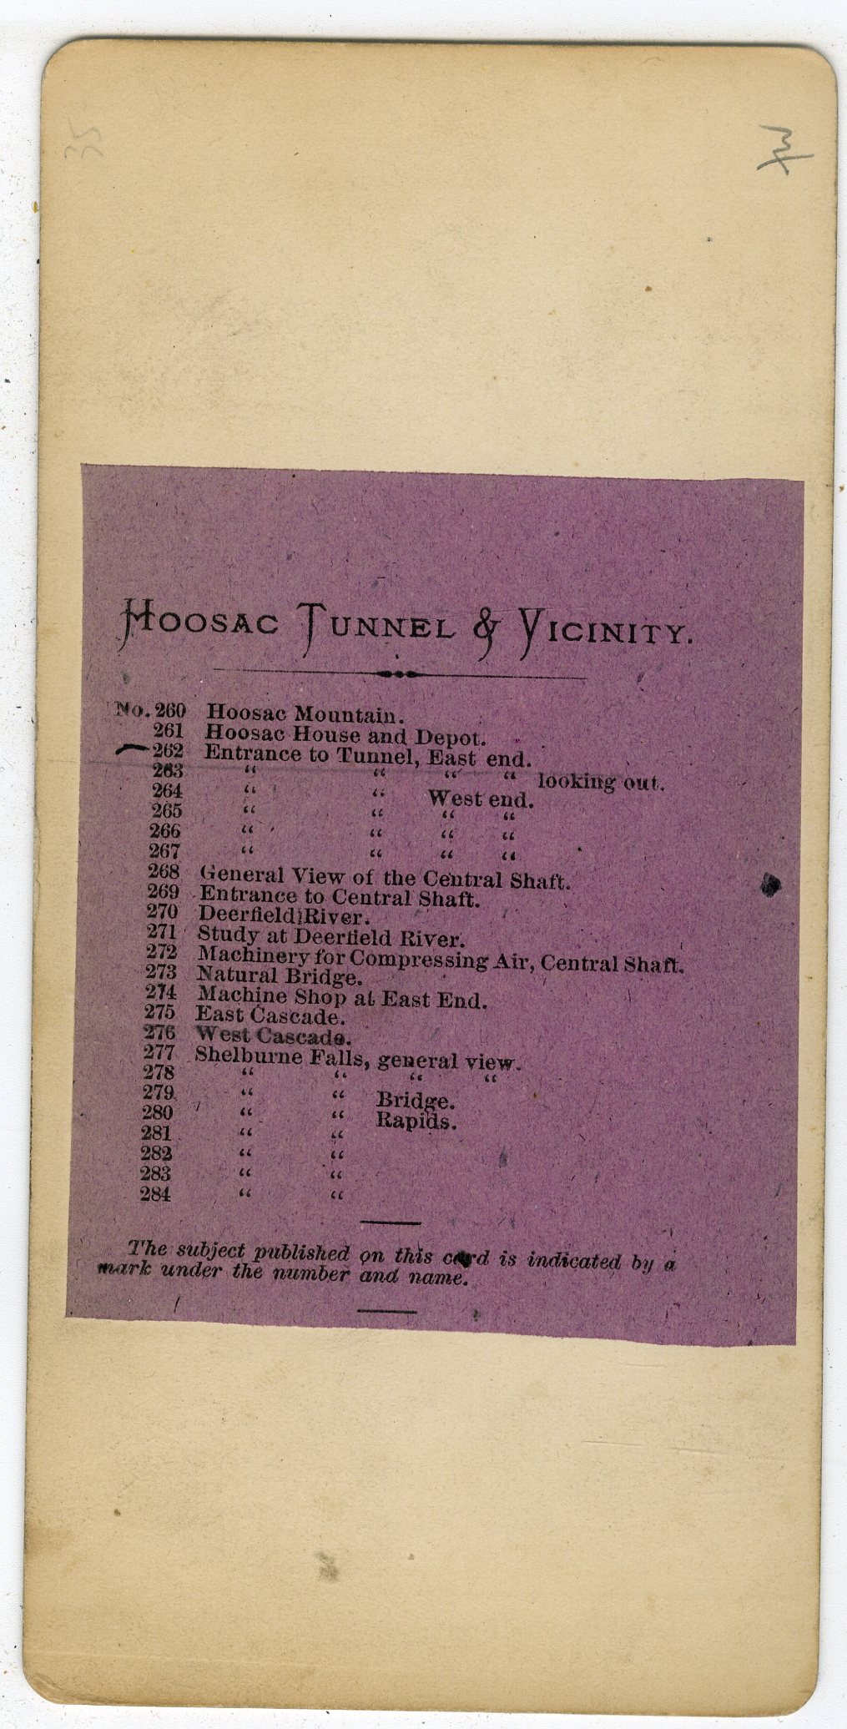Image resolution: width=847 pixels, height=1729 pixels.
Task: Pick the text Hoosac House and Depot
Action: (345, 736)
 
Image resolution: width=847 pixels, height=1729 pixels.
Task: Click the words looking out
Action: (600, 783)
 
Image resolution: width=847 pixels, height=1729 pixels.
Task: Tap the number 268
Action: (163, 874)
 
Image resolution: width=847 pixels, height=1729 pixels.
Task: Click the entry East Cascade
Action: (270, 1016)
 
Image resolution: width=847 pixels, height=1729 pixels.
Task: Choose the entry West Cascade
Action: (272, 1037)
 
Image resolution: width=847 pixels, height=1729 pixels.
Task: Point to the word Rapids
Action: (416, 1121)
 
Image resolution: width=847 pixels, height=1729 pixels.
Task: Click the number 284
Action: (156, 1194)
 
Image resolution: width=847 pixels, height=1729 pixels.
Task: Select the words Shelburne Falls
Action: (283, 1056)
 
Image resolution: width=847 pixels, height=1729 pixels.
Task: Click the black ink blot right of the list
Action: (770, 885)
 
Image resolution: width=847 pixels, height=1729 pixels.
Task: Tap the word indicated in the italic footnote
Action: (572, 1260)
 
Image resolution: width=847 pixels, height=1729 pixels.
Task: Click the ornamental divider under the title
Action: (399, 675)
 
